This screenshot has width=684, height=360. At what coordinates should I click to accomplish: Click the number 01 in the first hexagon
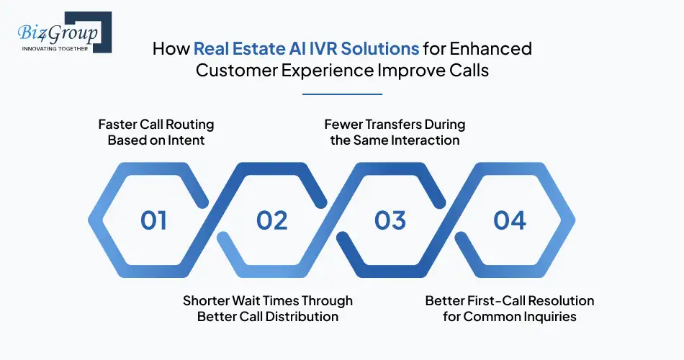click(153, 220)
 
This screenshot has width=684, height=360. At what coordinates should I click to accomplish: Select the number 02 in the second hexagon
click(271, 220)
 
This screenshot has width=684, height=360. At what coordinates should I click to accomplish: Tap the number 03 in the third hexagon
click(390, 220)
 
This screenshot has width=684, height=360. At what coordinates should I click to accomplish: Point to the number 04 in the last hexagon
click(509, 220)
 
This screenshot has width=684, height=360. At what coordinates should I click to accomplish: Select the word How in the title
click(171, 50)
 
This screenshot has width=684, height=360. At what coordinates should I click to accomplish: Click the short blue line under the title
click(342, 94)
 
